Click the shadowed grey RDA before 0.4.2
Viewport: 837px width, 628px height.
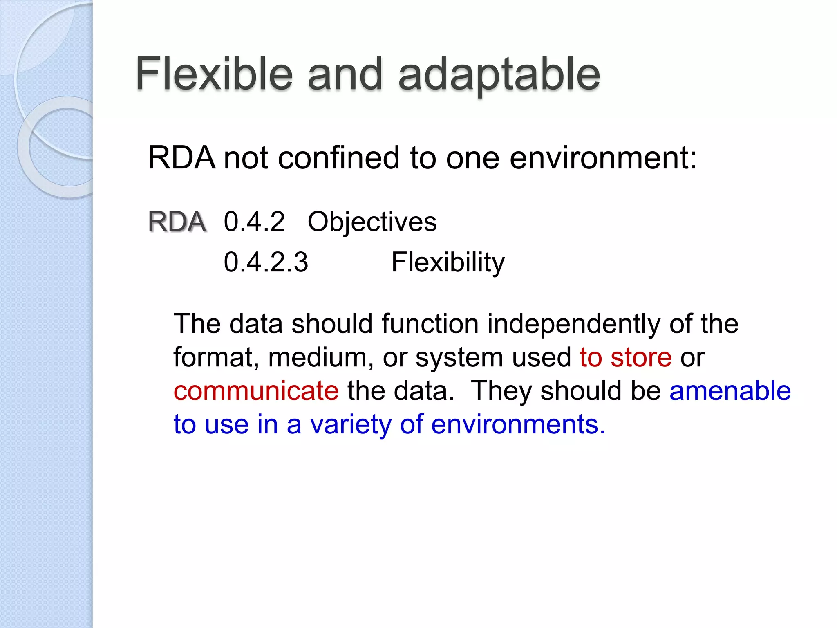177,222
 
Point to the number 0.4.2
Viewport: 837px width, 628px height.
254,222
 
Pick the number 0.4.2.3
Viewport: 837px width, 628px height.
266,262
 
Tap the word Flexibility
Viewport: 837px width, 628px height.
448,263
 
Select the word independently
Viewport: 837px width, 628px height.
573,324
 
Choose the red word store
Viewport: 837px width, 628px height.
641,357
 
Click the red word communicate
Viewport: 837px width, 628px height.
256,391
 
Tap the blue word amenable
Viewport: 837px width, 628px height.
730,391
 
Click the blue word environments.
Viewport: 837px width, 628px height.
518,424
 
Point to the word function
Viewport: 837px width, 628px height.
430,324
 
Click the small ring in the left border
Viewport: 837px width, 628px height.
55,147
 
